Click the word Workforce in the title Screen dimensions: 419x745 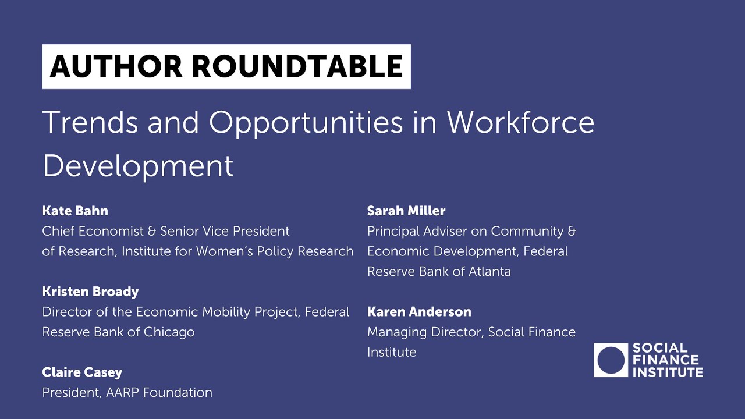point(520,122)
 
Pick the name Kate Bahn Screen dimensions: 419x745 point(75,211)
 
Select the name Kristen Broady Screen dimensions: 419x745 point(90,292)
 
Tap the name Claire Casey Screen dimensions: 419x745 point(82,372)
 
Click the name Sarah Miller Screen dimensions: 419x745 point(406,211)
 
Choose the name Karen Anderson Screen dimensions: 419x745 point(419,312)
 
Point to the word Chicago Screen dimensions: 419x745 point(169,332)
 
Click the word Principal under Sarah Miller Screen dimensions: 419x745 point(393,232)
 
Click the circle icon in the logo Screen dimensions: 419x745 point(611,360)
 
